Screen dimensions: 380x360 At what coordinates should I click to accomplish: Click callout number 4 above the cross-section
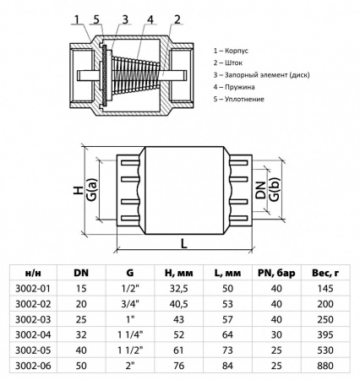(x=150, y=18)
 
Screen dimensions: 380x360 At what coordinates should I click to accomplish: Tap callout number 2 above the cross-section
(x=177, y=18)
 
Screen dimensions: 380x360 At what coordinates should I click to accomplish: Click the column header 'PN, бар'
(x=275, y=274)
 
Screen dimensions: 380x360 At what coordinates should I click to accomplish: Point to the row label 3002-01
(x=33, y=290)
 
